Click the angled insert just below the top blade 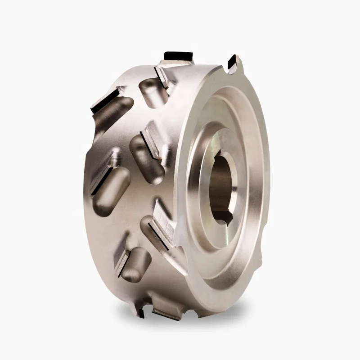[162, 74]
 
